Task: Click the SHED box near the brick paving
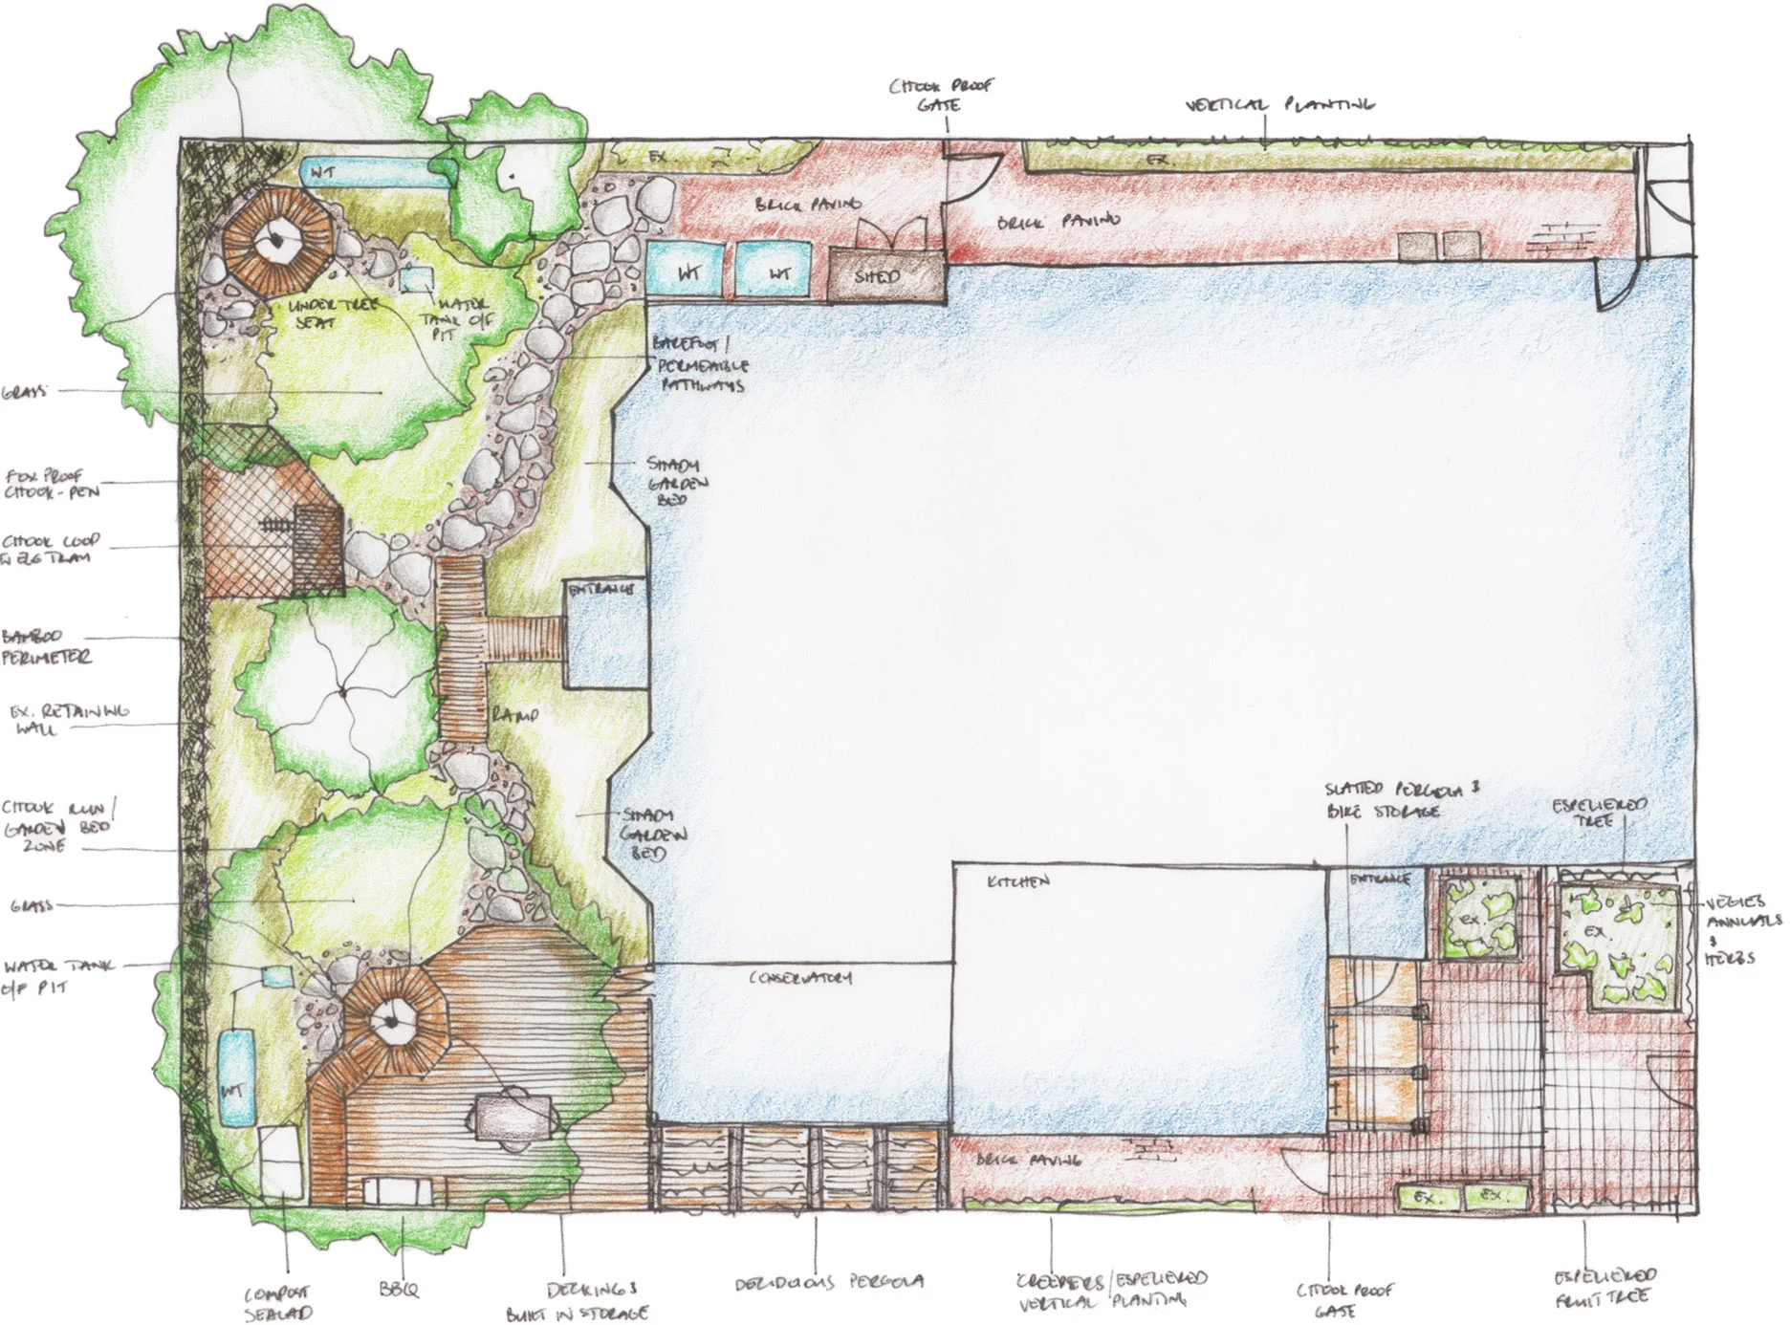[878, 275]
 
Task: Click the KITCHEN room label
[1018, 881]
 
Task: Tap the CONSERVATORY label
[799, 978]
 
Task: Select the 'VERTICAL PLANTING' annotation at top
[1279, 104]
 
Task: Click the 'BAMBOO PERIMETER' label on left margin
[46, 647]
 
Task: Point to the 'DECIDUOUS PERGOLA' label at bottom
[829, 1281]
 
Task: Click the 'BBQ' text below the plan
[399, 1289]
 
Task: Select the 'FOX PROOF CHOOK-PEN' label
[52, 483]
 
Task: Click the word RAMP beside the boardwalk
[515, 715]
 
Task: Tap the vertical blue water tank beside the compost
[233, 1075]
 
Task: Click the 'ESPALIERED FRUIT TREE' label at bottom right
[1604, 1287]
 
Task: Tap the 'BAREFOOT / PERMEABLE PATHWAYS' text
[700, 364]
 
